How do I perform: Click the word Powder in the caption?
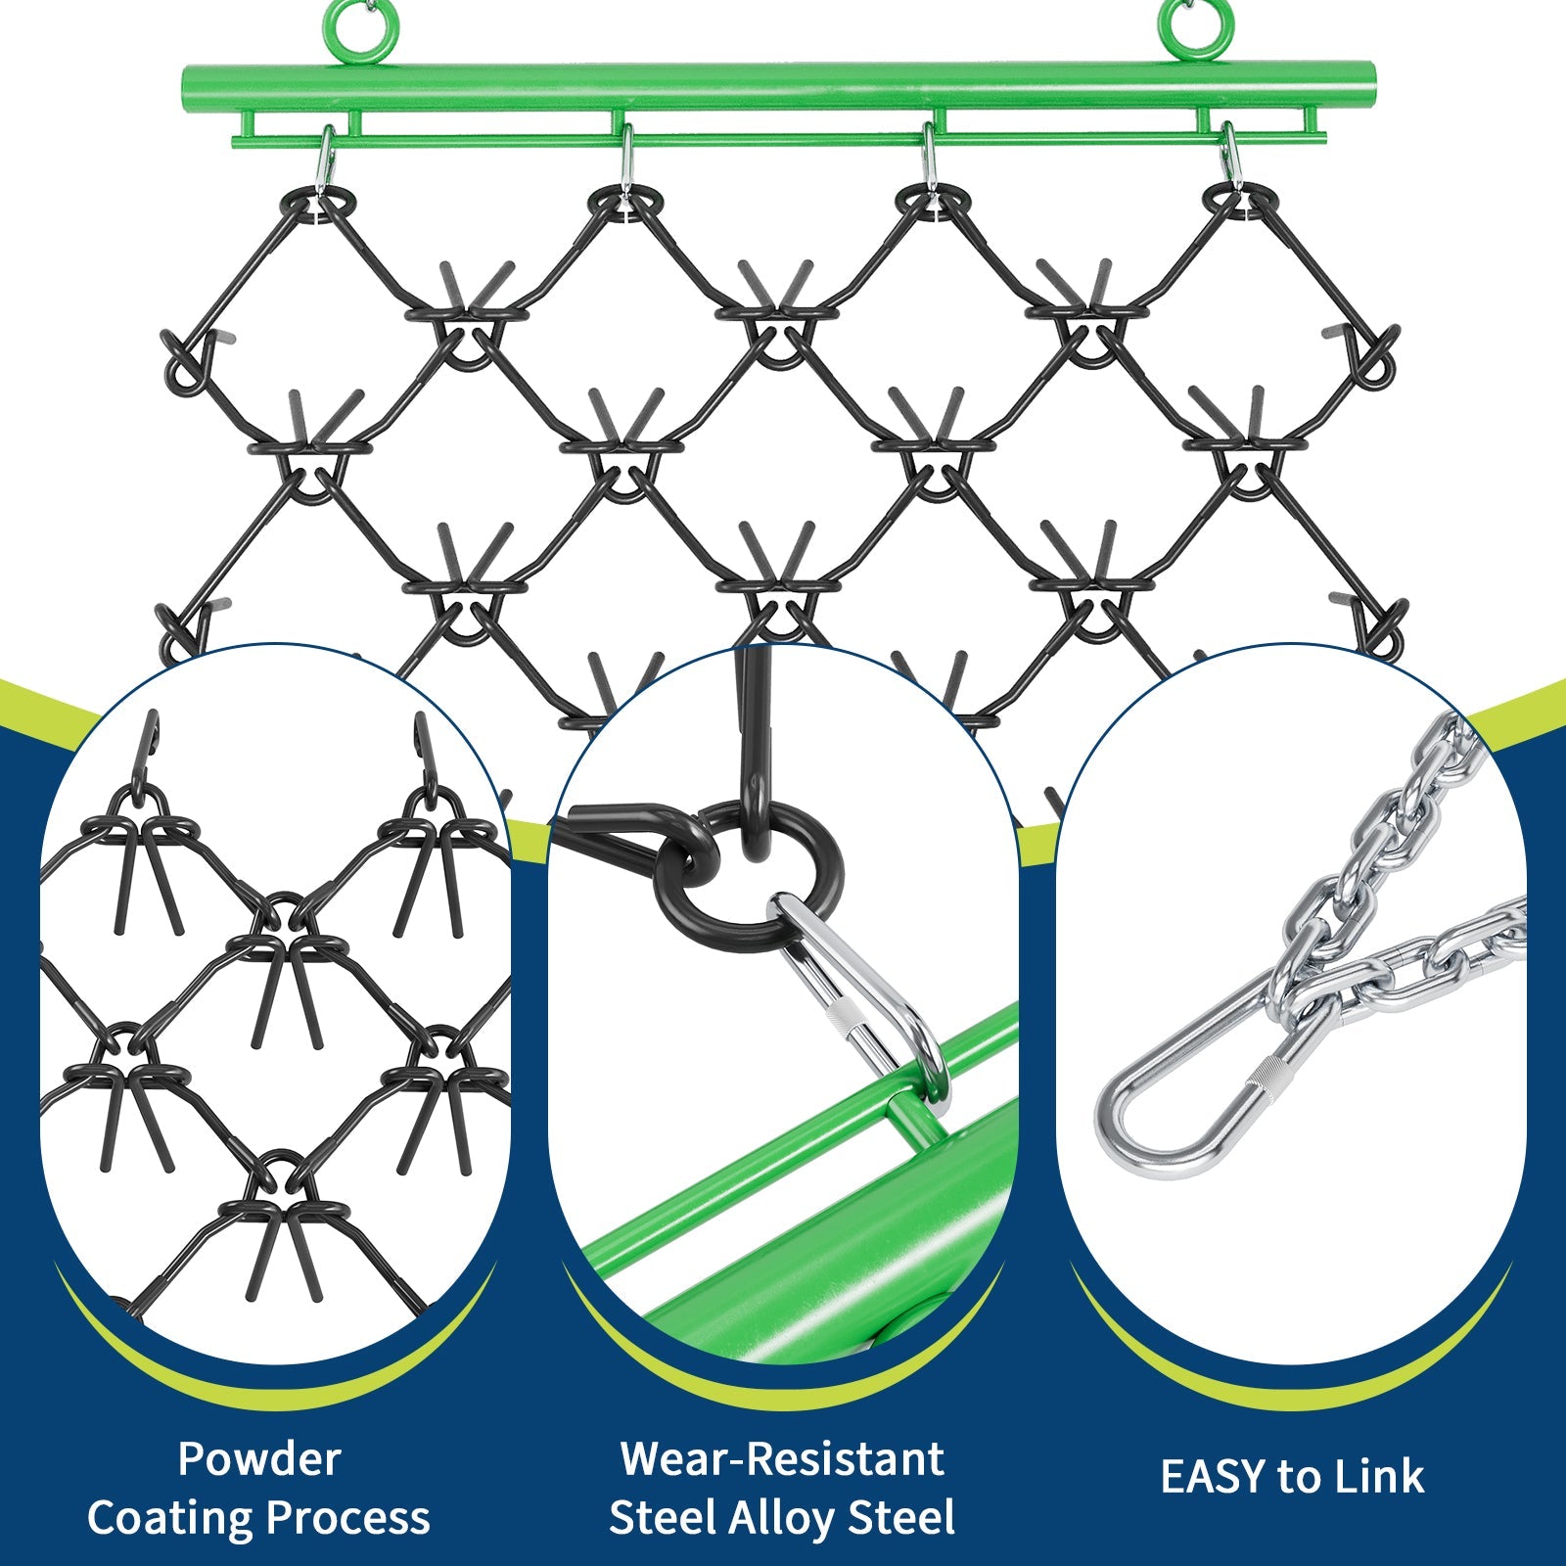[x=259, y=1459]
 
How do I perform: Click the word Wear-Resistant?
[x=782, y=1459]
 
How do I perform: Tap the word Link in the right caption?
[x=1383, y=1477]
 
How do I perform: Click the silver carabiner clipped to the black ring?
[x=861, y=989]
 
